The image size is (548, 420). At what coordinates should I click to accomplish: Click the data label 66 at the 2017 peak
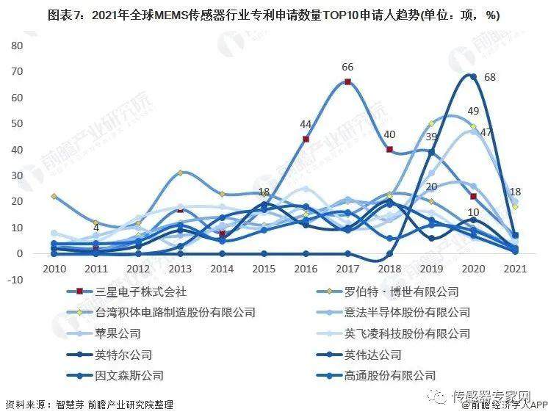[x=347, y=68]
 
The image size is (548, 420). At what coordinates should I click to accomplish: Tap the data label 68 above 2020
[x=490, y=77]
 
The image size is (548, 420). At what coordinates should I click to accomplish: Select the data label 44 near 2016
[x=306, y=124]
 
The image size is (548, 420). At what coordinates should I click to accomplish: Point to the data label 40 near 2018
[x=390, y=134]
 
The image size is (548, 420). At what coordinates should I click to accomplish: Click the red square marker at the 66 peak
[x=347, y=82]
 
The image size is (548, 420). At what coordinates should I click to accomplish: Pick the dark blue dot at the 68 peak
[x=473, y=76]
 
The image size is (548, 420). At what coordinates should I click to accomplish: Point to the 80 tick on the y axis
[x=18, y=46]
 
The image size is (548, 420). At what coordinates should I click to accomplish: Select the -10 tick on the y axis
[x=17, y=279]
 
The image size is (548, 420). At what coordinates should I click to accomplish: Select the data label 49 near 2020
[x=473, y=111]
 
